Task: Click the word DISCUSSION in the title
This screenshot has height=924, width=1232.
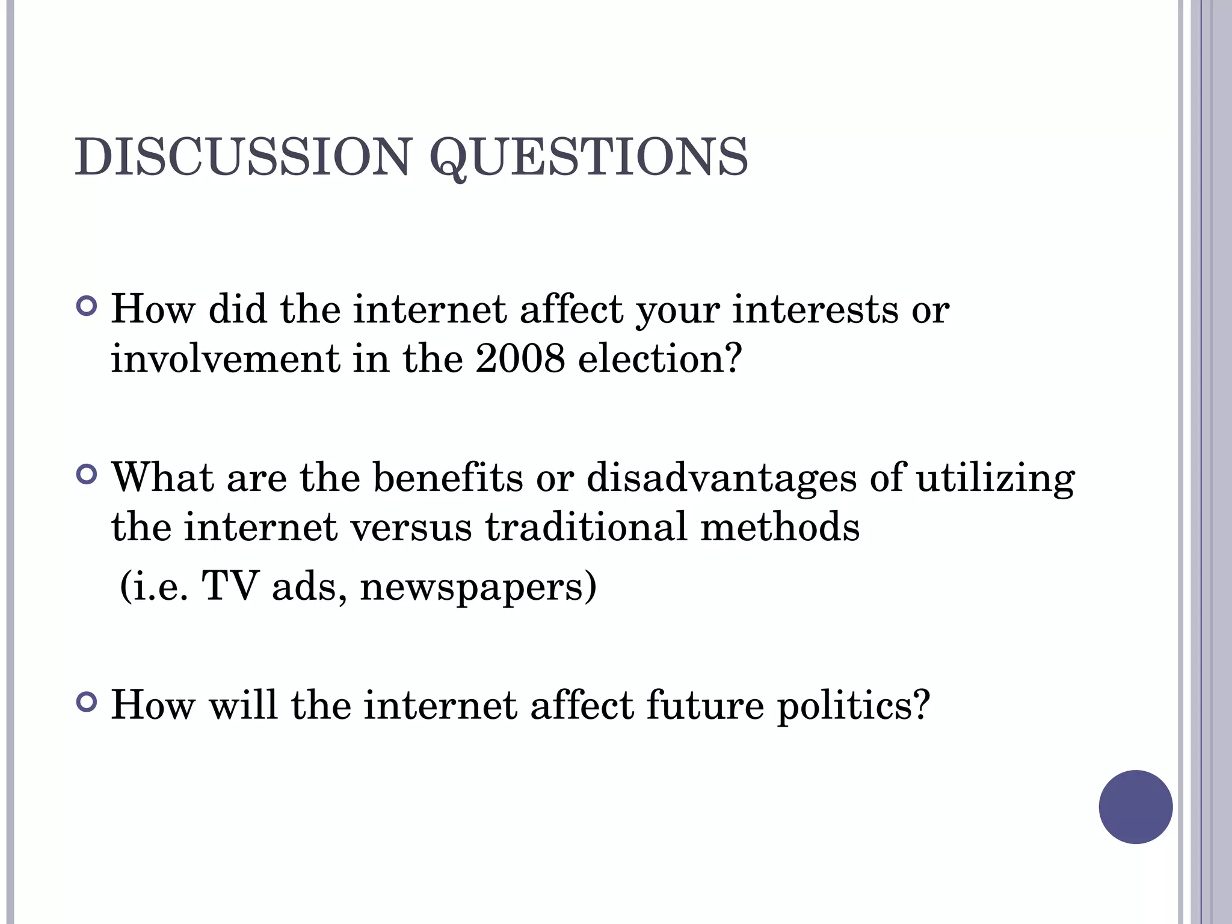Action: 242,158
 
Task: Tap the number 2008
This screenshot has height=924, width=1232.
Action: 520,359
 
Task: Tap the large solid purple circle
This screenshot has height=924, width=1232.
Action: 1135,807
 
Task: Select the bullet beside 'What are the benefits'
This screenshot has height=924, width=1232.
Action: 87,475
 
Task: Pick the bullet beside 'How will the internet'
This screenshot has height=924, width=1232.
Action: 87,702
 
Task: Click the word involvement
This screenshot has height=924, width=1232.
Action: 225,359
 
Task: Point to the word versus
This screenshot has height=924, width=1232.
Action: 411,528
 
